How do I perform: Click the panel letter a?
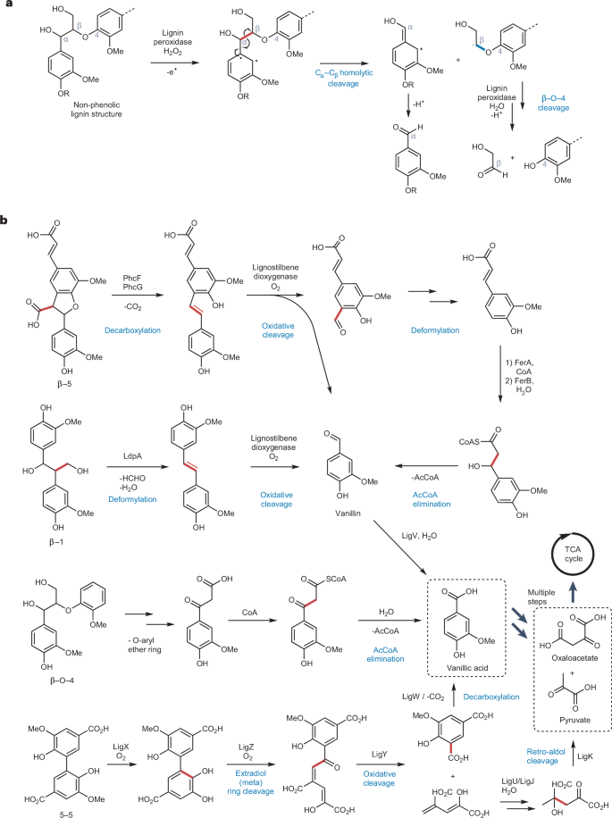6,7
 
